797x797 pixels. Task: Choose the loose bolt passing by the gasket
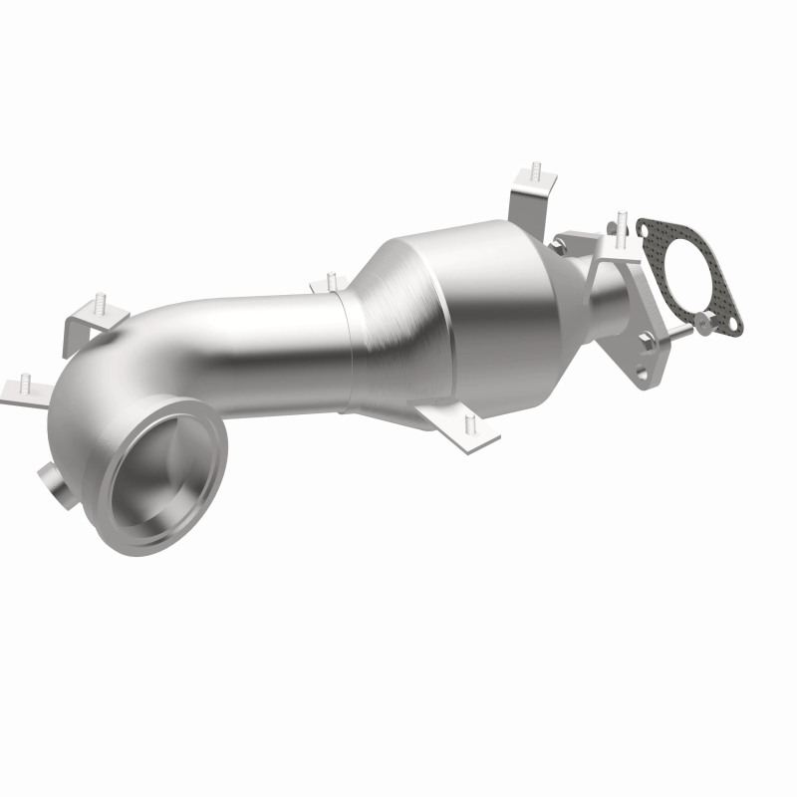pos(677,331)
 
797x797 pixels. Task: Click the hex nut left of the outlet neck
pos(563,242)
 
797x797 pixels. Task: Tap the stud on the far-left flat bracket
pos(22,380)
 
